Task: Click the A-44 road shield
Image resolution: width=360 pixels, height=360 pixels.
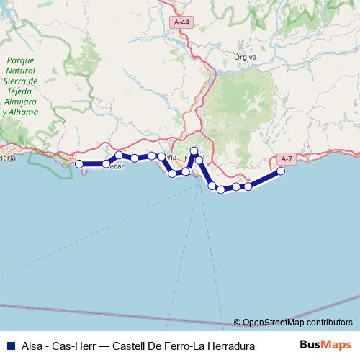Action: click(x=183, y=23)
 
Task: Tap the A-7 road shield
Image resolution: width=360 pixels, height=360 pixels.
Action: click(x=286, y=158)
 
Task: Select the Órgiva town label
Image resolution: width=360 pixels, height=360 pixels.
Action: click(x=246, y=56)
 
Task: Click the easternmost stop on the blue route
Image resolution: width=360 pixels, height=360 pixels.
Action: click(x=281, y=171)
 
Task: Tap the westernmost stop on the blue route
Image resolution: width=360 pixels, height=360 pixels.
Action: click(x=79, y=164)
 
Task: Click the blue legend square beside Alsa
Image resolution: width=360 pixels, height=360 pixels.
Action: click(x=10, y=344)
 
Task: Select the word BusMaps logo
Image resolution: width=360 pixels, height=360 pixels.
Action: click(x=325, y=344)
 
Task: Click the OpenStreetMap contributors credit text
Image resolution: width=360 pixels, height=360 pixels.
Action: click(x=297, y=323)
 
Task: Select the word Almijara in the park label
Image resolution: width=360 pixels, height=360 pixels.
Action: click(x=20, y=103)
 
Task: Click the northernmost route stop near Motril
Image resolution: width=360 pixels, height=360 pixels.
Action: click(x=194, y=150)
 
